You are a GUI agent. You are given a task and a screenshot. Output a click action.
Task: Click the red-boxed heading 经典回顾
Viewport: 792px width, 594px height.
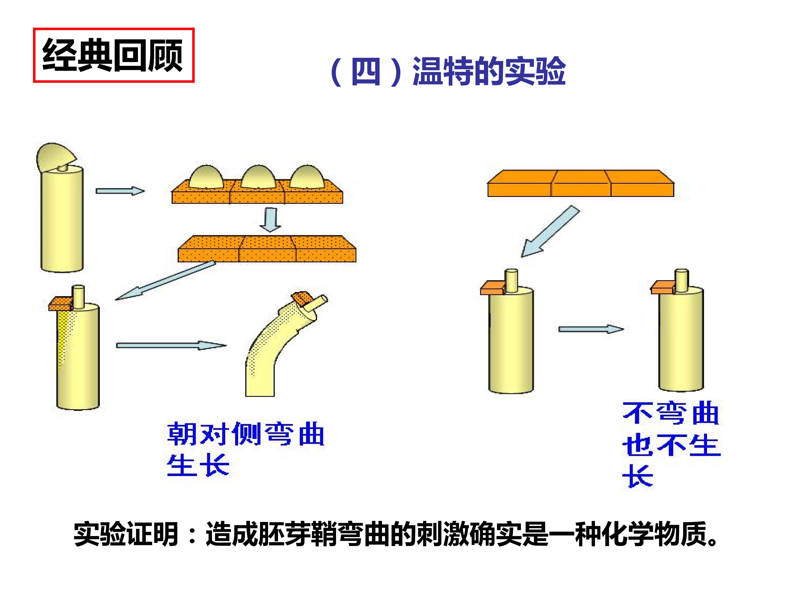[x=113, y=56]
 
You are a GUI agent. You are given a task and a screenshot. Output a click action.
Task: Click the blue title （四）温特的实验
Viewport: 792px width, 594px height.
[x=447, y=71]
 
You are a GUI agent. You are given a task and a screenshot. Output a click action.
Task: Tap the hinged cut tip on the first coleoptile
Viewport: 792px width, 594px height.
[x=56, y=158]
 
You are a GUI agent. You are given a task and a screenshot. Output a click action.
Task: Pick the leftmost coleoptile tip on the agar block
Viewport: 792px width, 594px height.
[x=207, y=177]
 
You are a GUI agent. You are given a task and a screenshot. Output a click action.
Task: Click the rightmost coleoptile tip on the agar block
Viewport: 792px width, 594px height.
[x=307, y=177]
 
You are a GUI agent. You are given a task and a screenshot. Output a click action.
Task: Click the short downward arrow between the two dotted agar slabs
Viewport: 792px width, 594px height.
[x=270, y=220]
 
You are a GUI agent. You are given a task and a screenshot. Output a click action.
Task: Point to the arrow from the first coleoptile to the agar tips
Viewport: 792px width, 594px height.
[x=120, y=191]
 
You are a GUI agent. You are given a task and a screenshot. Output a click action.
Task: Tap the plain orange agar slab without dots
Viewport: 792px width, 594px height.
[x=581, y=183]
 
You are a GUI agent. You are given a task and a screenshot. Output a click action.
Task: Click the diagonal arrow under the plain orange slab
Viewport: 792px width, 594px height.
[x=550, y=231]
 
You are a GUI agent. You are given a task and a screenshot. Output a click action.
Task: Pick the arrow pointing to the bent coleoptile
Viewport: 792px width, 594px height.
[x=171, y=345]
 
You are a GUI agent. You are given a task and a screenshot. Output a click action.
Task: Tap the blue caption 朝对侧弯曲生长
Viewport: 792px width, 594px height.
[x=246, y=449]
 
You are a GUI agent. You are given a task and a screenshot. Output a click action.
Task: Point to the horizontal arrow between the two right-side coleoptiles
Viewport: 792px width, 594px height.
[x=591, y=329]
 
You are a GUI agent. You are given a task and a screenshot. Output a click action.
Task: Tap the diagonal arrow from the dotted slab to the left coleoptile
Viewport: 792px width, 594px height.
[x=166, y=280]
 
